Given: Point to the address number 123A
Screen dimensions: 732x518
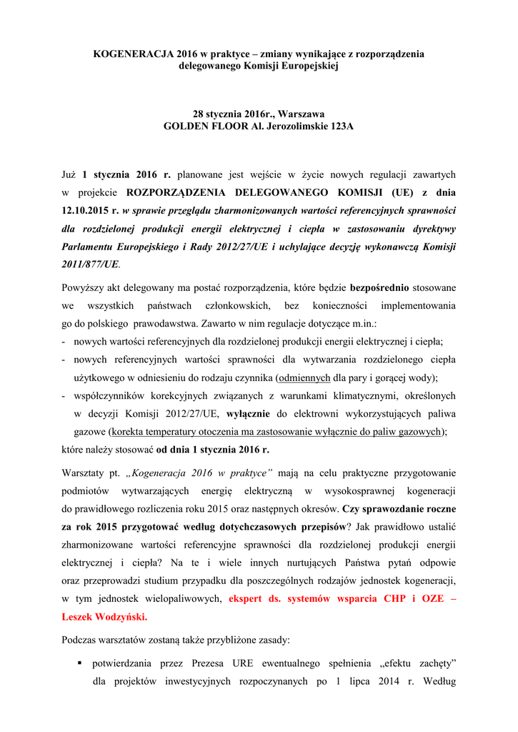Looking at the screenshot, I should tap(338, 126).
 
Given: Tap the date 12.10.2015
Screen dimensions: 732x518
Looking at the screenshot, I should tap(84, 210).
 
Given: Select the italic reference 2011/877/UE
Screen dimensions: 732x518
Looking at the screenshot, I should tap(89, 264).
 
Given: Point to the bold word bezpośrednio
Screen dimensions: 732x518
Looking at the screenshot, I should tap(379, 288).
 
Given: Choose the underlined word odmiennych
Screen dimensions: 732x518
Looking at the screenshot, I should tap(304, 377).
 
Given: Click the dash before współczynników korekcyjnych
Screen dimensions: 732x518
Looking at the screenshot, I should tap(64, 395).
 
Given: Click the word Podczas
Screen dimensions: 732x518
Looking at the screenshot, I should tap(81, 640).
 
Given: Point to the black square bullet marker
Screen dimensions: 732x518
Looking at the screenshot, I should tap(80, 664).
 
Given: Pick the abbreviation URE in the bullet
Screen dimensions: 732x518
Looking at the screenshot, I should tap(239, 663).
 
